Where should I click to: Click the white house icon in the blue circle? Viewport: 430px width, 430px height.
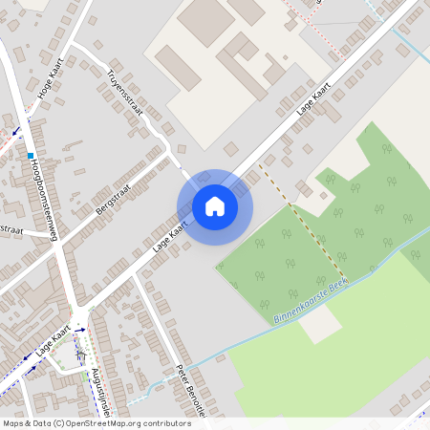click(215, 206)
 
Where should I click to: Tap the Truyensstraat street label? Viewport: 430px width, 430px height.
click(125, 93)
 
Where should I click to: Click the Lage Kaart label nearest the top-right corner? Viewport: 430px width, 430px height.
click(313, 98)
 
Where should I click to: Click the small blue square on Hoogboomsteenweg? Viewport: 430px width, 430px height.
click(32, 155)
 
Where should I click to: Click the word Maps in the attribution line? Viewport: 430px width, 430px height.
click(13, 423)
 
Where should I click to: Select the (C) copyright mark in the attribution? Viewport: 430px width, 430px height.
click(59, 423)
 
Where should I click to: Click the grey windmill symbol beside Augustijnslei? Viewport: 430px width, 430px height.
click(80, 355)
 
